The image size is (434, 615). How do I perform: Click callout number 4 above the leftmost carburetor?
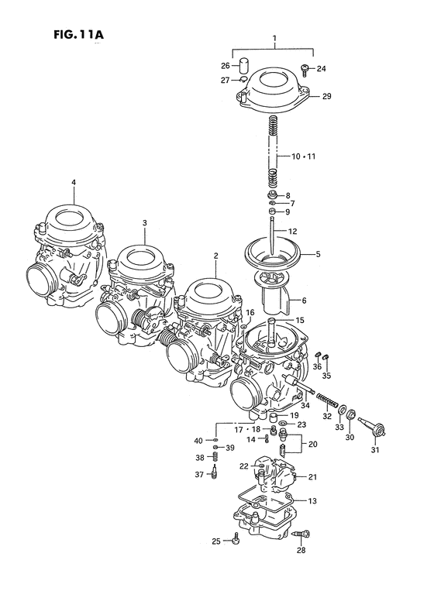[x=74, y=183]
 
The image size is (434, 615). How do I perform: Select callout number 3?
[x=144, y=223]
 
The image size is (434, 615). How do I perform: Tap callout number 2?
[x=216, y=256]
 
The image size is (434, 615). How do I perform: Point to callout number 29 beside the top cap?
[x=327, y=96]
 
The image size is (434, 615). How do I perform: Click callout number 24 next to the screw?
[x=322, y=69]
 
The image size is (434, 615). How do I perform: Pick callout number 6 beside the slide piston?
[x=304, y=301]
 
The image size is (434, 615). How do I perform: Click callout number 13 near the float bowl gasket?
[x=312, y=501]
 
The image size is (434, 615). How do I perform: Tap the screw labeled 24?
[x=305, y=70]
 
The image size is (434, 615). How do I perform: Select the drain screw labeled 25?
[x=236, y=540]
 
